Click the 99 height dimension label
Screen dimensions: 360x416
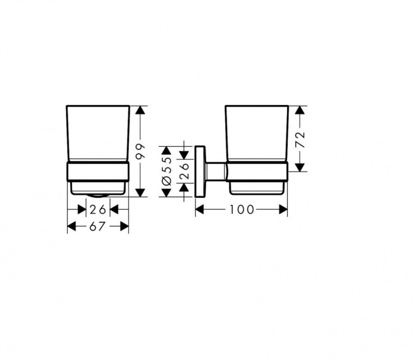tap(140, 151)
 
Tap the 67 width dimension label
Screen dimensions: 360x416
tap(98, 226)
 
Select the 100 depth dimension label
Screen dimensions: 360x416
tap(242, 209)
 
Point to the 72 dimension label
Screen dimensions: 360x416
tap(301, 140)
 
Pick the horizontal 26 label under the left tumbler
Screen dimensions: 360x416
tap(98, 209)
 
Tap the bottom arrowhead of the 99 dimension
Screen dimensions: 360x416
tap(140, 192)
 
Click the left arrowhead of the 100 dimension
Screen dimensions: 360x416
tap(200, 209)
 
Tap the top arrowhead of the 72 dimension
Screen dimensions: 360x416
tap(301, 110)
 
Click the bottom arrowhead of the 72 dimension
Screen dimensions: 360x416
tap(301, 167)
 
